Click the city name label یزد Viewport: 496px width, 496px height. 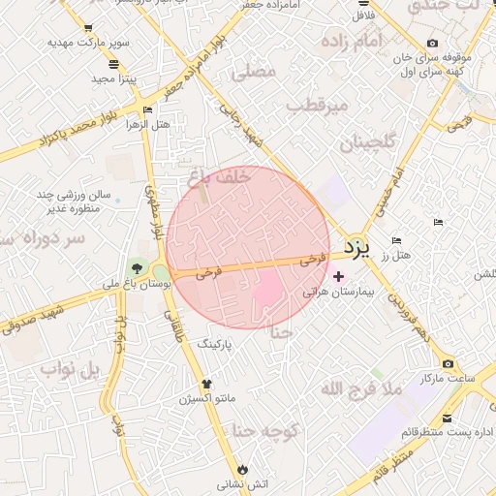coord(357,249)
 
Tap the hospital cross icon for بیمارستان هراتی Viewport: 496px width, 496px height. coord(337,277)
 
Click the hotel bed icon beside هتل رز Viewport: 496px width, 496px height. coord(395,240)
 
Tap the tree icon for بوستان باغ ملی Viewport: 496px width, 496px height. coord(137,269)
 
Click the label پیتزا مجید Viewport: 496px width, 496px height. coord(115,77)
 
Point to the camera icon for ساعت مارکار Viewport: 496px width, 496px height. coord(447,363)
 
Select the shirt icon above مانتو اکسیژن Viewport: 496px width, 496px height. coord(204,384)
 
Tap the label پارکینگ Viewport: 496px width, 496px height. coord(216,344)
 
